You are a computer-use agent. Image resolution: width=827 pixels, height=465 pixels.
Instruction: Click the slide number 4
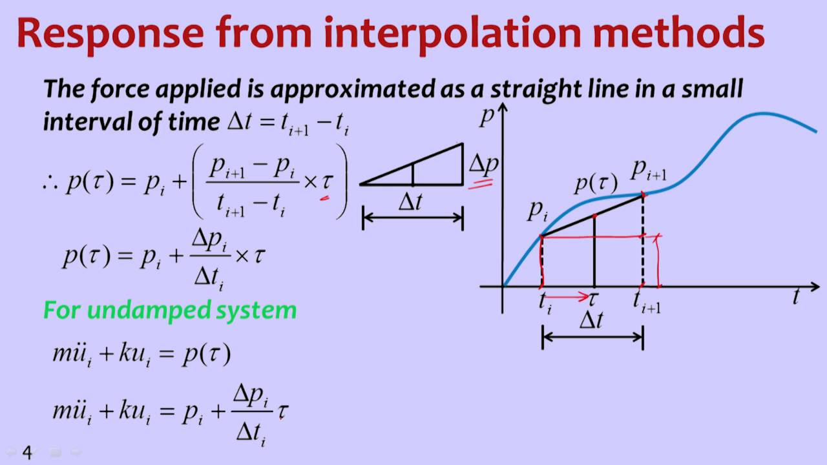click(27, 452)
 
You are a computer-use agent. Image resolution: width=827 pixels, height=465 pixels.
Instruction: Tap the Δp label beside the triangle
click(484, 165)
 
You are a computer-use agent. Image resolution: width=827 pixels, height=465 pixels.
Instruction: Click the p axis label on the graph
click(487, 118)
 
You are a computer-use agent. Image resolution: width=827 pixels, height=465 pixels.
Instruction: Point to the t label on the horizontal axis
click(797, 296)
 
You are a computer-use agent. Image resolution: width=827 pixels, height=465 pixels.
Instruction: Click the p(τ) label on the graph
click(596, 183)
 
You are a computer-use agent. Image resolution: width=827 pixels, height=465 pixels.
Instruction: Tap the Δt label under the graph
click(591, 320)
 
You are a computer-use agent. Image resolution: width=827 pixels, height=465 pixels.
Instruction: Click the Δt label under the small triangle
click(410, 202)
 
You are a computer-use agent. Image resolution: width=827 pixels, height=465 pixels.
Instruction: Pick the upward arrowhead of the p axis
click(503, 107)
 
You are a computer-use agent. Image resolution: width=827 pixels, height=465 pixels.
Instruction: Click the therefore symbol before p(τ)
click(50, 183)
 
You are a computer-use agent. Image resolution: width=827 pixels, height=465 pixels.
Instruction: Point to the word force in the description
click(120, 90)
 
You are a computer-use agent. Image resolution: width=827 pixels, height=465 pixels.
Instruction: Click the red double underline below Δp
click(481, 184)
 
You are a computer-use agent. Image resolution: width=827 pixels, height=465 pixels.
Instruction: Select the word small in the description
click(712, 89)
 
